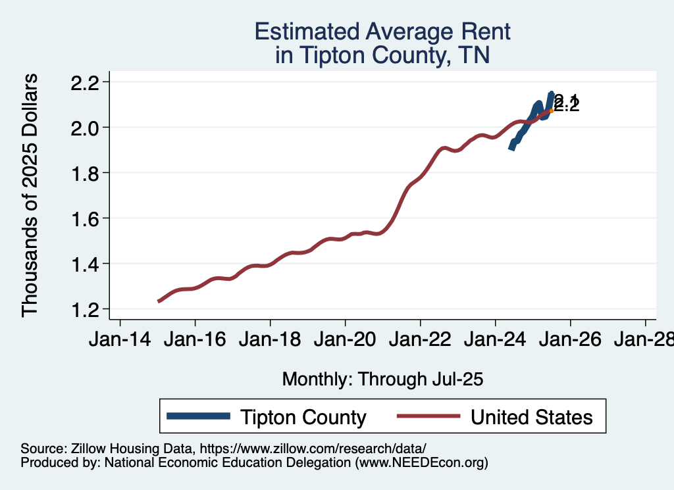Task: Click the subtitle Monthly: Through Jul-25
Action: (382, 379)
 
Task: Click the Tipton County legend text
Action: (303, 417)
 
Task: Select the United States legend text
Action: (531, 417)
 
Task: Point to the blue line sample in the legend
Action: (198, 416)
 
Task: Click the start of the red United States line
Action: (159, 301)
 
